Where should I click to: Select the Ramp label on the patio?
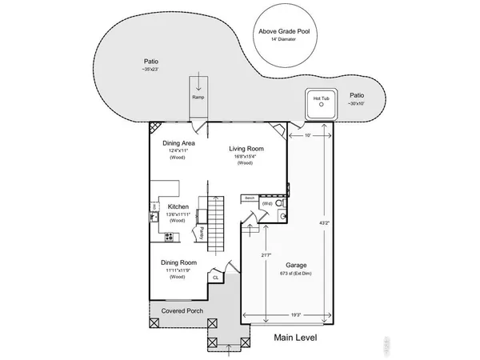[x=198, y=98]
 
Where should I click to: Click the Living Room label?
[x=246, y=149]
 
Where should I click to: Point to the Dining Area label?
[x=178, y=143]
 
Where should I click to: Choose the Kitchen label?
[x=178, y=206]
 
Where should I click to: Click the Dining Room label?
[x=178, y=262]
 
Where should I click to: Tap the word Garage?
[x=297, y=265]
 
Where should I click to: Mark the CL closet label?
[x=215, y=278]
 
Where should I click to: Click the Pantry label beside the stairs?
[x=202, y=232]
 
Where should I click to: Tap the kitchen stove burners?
[x=169, y=236]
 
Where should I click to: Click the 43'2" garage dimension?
[x=322, y=224]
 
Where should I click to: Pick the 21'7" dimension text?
[x=265, y=255]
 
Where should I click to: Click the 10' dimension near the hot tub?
[x=308, y=134]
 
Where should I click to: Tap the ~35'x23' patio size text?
[x=150, y=70]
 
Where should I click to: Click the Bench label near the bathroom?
[x=250, y=197]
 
